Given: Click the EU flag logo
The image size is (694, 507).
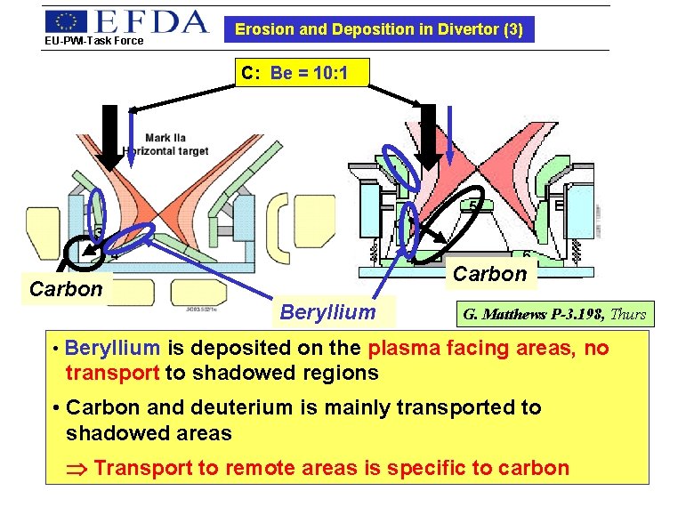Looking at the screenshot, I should (x=67, y=21).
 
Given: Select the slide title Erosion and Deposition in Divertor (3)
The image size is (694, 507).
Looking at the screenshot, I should (x=378, y=29).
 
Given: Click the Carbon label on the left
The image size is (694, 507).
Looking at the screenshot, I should (x=65, y=289).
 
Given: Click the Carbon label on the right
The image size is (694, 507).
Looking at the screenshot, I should (x=489, y=274).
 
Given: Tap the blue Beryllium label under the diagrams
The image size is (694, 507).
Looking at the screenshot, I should (x=327, y=311).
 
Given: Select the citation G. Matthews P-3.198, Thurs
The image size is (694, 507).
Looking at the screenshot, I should (x=554, y=313).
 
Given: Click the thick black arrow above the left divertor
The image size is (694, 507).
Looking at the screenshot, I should (x=109, y=136).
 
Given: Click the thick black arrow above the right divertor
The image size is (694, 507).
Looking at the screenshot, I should (x=428, y=135).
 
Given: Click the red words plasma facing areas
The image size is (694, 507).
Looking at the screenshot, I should (x=463, y=348).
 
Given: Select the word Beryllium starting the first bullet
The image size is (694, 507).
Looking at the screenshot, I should (x=112, y=348).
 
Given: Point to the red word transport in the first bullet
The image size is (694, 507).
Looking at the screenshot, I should (x=113, y=373).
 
